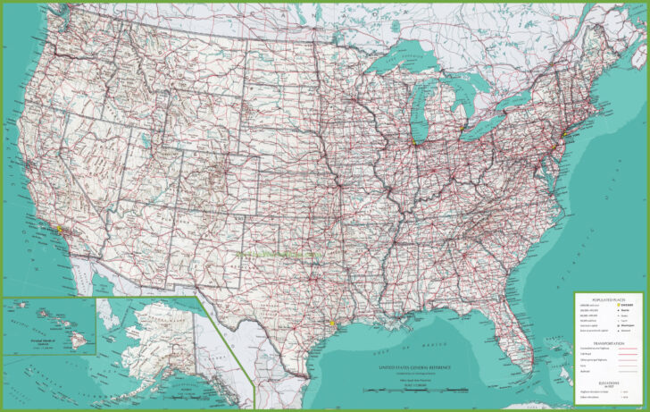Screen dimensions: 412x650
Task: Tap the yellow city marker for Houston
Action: (331, 324)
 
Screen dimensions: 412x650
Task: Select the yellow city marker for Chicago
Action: (412, 141)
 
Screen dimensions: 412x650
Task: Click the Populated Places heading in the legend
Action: (611, 298)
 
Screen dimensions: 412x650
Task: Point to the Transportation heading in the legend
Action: (611, 341)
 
